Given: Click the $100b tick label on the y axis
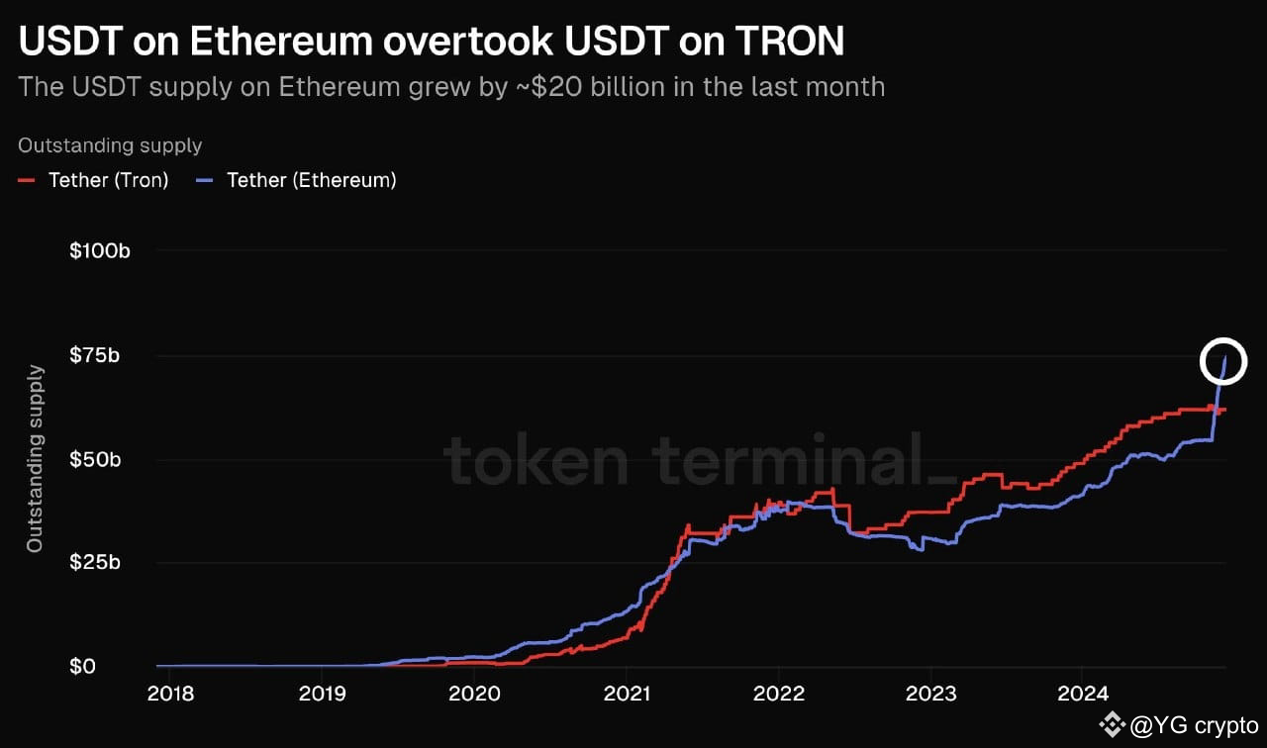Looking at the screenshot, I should click(99, 251).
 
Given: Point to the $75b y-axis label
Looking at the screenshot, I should click(95, 355).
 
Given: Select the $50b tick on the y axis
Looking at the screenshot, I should click(95, 460).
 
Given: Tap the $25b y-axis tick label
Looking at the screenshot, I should click(95, 563).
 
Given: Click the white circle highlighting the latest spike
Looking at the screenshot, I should click(1223, 361).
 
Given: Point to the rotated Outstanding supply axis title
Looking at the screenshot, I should click(35, 458).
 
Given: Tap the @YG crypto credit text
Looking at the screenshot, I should click(1193, 725).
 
